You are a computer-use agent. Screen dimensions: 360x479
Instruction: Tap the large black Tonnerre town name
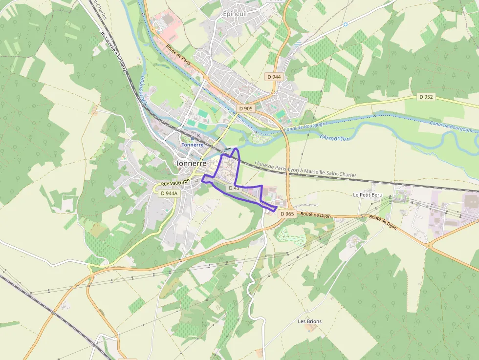[191, 163]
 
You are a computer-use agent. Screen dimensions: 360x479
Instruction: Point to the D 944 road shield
[274, 77]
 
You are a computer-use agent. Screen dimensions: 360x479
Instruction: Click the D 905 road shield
[245, 108]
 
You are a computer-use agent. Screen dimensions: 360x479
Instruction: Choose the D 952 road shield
[426, 97]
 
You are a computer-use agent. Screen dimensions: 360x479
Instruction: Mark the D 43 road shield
[234, 188]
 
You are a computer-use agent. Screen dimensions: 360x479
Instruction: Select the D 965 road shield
[287, 214]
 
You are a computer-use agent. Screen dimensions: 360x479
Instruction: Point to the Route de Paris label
[178, 58]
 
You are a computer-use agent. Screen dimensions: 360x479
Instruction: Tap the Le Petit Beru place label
[368, 194]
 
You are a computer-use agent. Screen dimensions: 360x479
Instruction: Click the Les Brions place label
[310, 321]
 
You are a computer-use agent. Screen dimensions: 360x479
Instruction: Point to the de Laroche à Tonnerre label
[113, 51]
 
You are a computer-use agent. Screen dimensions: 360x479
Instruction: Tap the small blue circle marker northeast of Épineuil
[345, 24]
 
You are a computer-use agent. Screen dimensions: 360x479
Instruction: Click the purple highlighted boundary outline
[238, 166]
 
